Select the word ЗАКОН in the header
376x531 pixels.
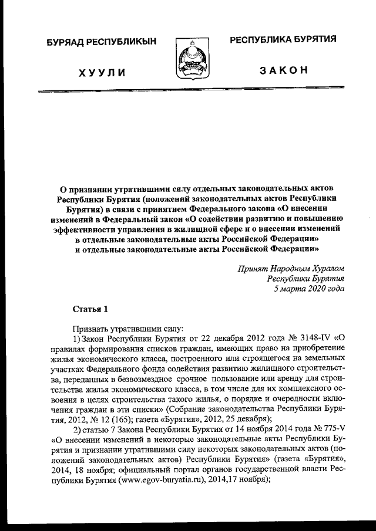pos(283,70)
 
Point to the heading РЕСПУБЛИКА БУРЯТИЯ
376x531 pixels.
pos(283,39)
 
